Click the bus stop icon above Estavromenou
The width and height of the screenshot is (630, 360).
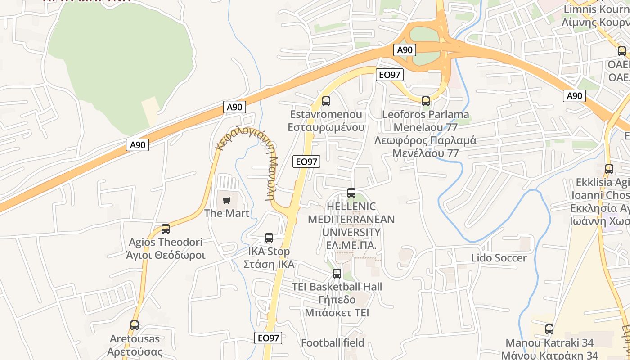coord(326,101)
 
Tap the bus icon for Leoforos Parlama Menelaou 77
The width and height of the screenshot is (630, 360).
coord(426,101)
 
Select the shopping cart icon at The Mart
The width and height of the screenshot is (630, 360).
coord(226,200)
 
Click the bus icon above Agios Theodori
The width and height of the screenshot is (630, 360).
coord(166,229)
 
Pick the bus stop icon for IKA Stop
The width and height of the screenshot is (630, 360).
coord(269,238)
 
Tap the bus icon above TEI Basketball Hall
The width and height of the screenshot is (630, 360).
coord(337,274)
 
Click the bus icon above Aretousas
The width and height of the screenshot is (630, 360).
coord(135,325)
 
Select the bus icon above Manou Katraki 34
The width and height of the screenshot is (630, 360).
coord(549,329)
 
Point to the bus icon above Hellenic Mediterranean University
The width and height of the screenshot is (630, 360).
coord(351,193)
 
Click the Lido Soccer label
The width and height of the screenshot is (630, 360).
coord(499,258)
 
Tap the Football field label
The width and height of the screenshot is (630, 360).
coord(333,343)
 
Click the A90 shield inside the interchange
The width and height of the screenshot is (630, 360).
coord(405,50)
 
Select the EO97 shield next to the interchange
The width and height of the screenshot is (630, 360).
coord(389,75)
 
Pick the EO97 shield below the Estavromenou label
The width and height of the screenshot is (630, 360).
coord(306,162)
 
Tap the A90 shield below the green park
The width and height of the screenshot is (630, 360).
coord(234,107)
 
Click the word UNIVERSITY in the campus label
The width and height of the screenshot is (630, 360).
coord(351,232)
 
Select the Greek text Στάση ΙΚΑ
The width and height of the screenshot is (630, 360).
coord(269,264)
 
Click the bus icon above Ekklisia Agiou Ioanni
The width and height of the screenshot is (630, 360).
coord(609,169)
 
